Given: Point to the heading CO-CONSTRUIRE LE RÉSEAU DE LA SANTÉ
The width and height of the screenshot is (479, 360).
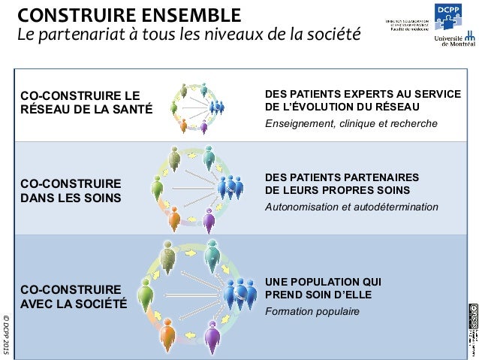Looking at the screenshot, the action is (x=86, y=102).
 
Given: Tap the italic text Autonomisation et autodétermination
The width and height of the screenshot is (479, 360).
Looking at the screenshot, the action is (x=351, y=206).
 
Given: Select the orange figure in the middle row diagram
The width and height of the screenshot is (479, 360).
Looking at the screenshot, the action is (x=173, y=219).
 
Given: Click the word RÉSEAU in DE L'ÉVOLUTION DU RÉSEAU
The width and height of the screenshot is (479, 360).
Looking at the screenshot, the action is (x=414, y=107).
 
